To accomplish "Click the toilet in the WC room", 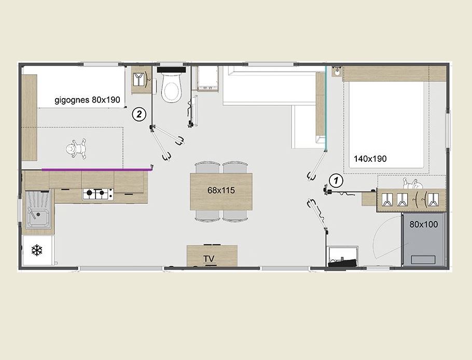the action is point(171,84).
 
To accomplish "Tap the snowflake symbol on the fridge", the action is point(37,251).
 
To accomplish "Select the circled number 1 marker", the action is point(336,181).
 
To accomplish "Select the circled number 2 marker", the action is point(139,115).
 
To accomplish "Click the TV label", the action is point(209,259).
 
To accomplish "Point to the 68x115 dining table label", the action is point(221,190).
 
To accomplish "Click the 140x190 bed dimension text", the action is point(370,159).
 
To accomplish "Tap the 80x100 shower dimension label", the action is point(424,224).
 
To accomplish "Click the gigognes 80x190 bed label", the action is point(87,100).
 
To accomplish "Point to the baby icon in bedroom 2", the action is point(76,148).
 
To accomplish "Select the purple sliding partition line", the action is point(96,170).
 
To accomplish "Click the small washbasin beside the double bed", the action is point(337,72).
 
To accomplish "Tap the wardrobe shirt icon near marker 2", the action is point(138,79).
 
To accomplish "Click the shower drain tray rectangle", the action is point(423,259).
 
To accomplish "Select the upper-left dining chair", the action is point(207,168).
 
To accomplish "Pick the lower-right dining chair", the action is point(235,215).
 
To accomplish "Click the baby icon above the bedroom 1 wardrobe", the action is point(411,184).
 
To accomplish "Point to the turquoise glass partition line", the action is point(326,108).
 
